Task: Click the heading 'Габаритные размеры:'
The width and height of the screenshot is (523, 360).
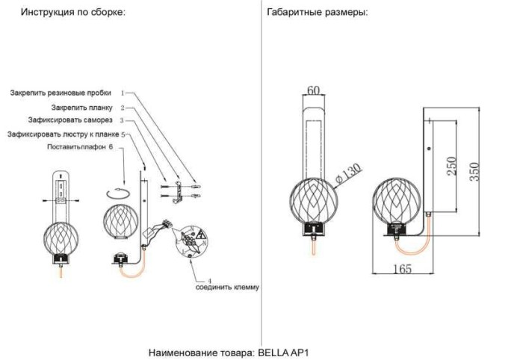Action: coord(318,13)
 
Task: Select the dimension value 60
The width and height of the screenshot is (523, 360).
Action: coord(314,90)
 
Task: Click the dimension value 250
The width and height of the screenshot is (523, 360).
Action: coord(451,166)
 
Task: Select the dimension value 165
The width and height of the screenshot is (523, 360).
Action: coord(402,270)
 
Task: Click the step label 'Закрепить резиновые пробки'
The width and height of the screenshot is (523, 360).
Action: coord(61,93)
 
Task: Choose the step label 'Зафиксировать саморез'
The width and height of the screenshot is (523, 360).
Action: coord(71,120)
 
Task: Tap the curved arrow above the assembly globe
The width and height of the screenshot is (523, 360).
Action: coord(118,193)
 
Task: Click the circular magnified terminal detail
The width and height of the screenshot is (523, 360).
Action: coord(191,241)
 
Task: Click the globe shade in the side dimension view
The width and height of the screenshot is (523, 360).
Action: coord(397,201)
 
